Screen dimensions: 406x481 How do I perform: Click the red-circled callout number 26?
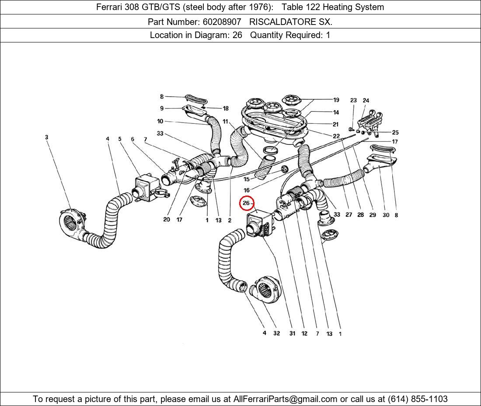point(246,203)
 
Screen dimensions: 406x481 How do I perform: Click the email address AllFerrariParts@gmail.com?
point(286,399)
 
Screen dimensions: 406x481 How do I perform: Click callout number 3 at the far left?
point(46,137)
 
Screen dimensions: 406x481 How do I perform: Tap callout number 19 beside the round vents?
point(336,100)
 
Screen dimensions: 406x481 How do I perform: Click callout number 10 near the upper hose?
point(160,121)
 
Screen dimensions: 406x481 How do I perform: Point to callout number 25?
point(395,132)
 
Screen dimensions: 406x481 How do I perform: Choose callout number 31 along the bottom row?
point(292,333)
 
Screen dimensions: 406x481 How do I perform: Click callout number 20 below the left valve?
point(166,220)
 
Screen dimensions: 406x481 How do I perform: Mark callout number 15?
point(247,179)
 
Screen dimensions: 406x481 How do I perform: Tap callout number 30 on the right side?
point(385,215)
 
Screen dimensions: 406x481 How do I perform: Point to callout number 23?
point(353,100)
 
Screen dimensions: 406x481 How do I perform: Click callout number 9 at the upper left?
point(162,108)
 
